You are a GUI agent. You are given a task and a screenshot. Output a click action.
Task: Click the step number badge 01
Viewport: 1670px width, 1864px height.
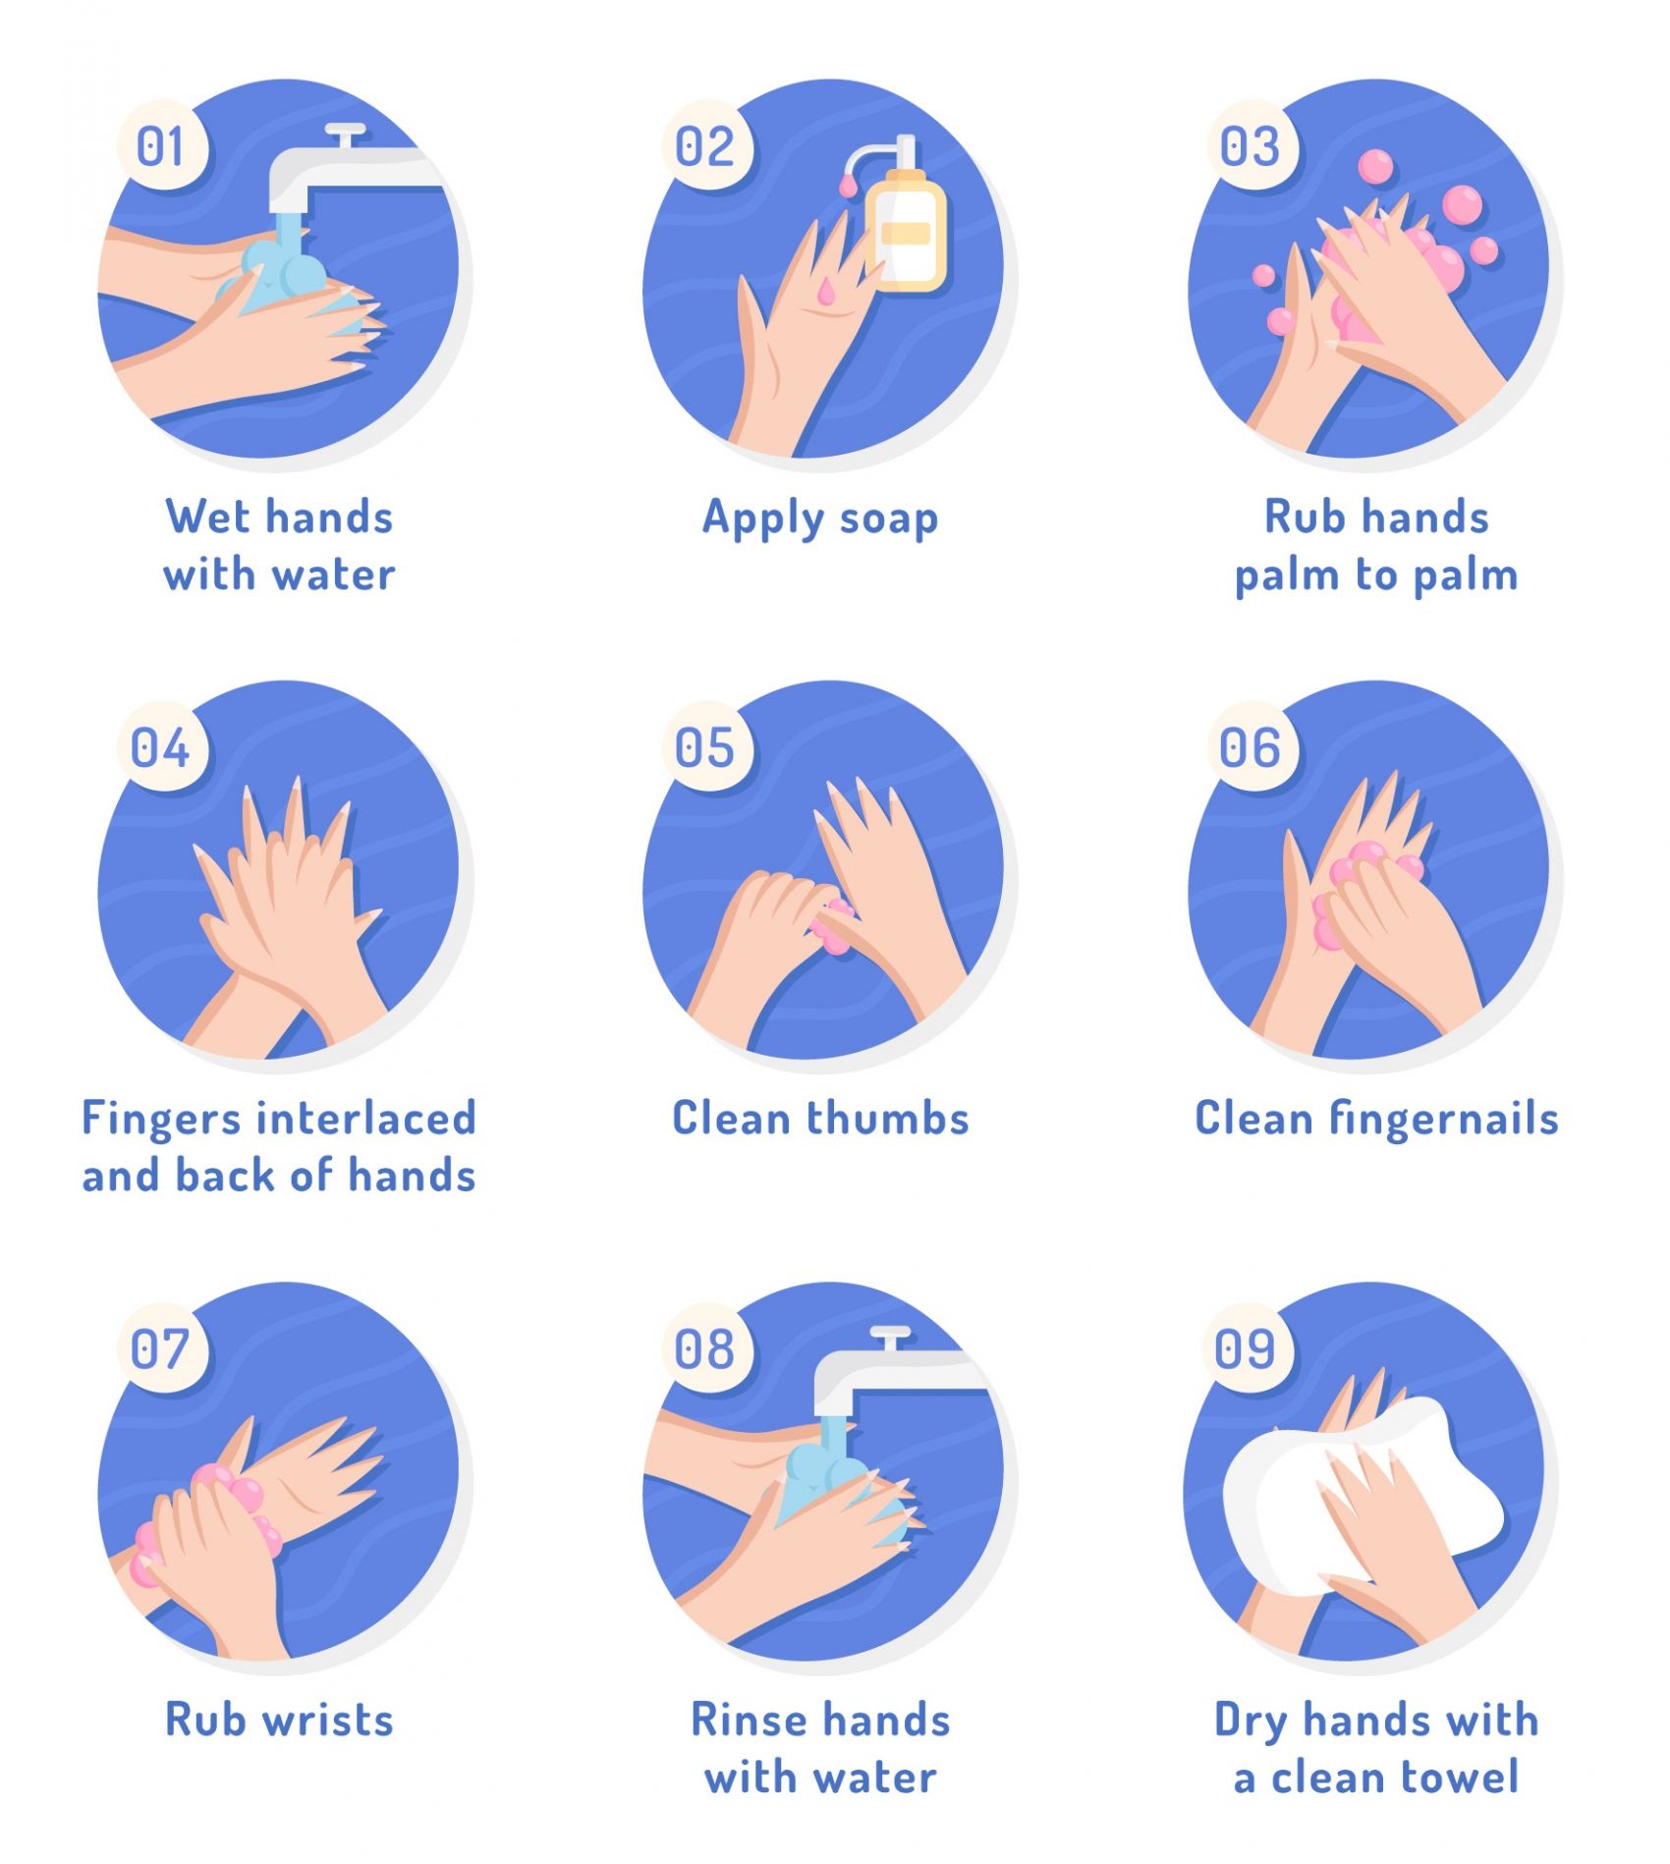coord(162,146)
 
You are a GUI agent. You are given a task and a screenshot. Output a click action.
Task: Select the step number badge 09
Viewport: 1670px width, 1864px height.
coord(1248,1348)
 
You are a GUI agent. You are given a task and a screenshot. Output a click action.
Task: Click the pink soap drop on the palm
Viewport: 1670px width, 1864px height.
coord(826,291)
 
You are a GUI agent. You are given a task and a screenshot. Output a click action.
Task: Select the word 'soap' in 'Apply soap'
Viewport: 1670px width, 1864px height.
coord(888,518)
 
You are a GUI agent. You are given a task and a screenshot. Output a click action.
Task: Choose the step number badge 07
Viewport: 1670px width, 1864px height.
coord(162,1348)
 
